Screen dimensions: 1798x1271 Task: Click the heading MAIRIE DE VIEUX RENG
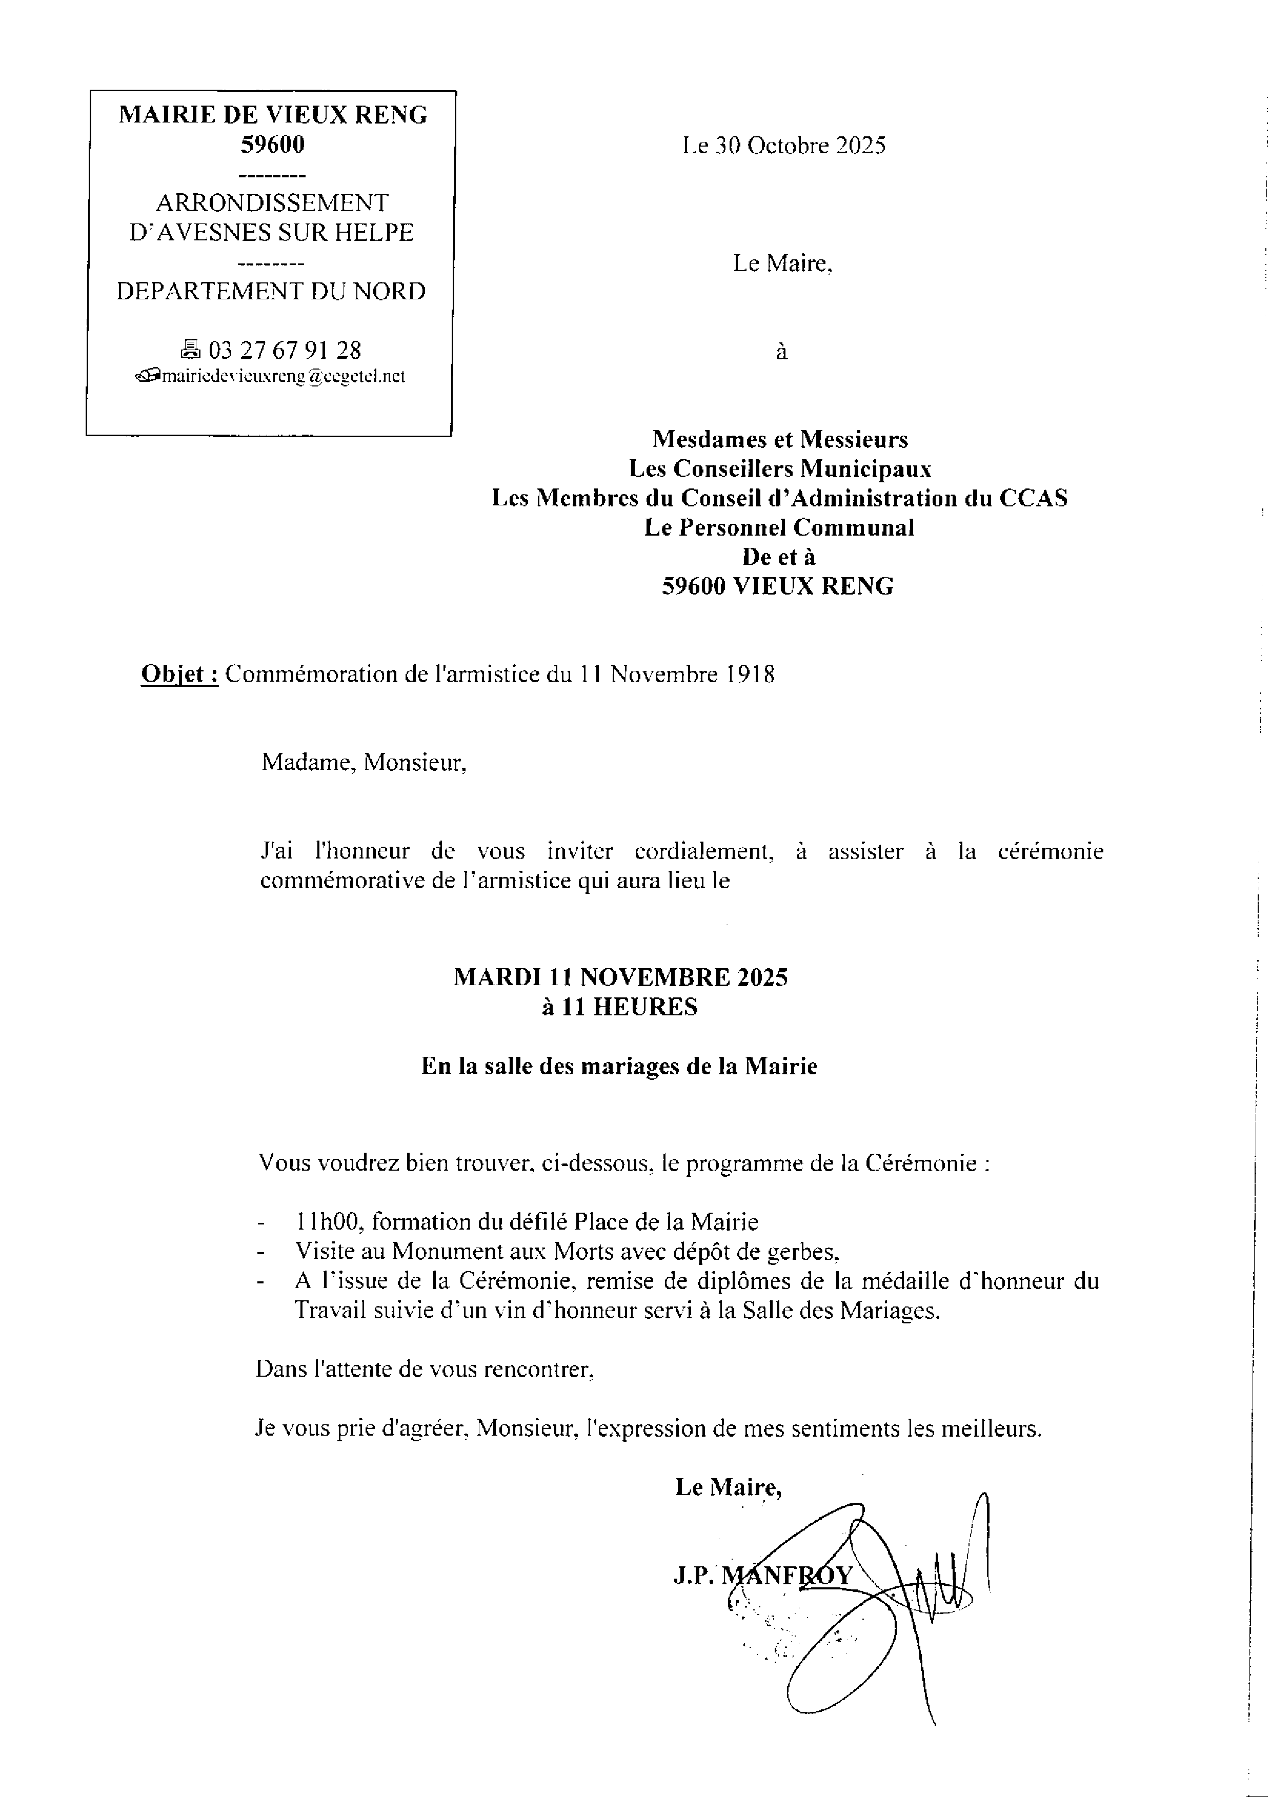pos(273,115)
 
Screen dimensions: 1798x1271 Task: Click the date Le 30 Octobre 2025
pos(784,146)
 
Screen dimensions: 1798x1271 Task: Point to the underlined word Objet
pos(178,675)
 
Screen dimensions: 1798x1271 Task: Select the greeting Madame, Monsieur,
pos(364,762)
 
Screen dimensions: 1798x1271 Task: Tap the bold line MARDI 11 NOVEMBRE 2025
pos(620,977)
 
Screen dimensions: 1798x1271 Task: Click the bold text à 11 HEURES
pos(619,1007)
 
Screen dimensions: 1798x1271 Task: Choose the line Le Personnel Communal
pos(779,528)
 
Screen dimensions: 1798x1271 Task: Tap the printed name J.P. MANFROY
pos(762,1575)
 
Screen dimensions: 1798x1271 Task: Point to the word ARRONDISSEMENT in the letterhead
pos(272,203)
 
